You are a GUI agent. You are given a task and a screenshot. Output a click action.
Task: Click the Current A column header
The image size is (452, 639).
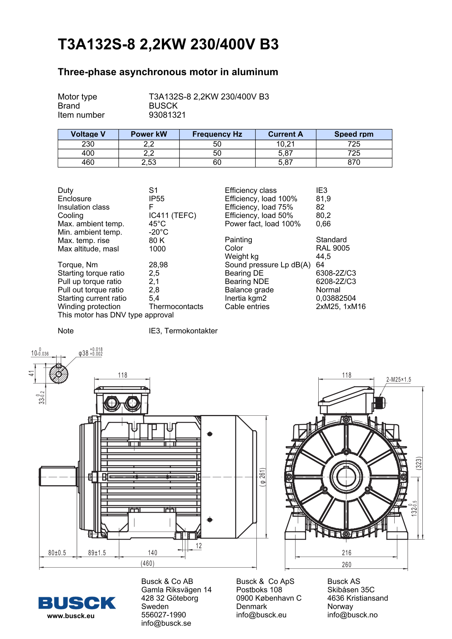(x=285, y=134)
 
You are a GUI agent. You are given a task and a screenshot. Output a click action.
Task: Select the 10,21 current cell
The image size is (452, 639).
(x=285, y=144)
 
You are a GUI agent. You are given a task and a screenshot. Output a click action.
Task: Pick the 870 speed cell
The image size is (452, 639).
(x=354, y=162)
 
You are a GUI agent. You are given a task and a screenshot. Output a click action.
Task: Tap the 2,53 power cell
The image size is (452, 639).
(x=149, y=162)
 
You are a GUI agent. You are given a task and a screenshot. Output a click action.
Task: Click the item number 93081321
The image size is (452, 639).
(x=167, y=115)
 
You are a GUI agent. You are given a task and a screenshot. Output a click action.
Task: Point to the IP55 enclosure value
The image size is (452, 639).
(x=156, y=199)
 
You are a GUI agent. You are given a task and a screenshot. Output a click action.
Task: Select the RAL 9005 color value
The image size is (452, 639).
(x=333, y=248)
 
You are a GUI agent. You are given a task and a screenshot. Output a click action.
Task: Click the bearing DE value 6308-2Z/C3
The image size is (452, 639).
(x=336, y=273)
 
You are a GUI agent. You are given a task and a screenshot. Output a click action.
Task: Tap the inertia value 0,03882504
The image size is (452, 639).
(x=336, y=298)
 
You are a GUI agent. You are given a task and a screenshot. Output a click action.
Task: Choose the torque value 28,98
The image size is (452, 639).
(x=158, y=265)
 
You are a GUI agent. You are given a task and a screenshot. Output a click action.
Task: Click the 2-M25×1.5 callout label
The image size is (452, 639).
(x=398, y=379)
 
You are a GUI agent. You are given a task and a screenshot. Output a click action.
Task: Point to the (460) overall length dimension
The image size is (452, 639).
(x=147, y=563)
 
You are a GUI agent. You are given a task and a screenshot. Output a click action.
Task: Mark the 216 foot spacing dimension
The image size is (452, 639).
(x=346, y=553)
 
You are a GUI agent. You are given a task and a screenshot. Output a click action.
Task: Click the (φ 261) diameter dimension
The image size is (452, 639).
(x=262, y=477)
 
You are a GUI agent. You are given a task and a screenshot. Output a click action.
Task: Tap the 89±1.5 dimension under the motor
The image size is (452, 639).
(x=97, y=553)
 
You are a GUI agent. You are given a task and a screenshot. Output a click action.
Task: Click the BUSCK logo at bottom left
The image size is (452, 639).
(x=77, y=603)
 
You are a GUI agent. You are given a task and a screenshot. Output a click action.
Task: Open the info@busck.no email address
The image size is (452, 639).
(x=352, y=615)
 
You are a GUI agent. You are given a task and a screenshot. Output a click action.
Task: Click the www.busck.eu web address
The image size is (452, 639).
(x=71, y=616)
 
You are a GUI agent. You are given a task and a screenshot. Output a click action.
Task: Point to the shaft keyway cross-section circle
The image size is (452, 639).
(x=58, y=374)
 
